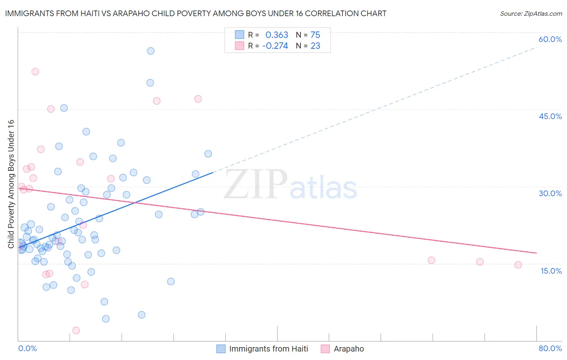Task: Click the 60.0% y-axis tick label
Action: point(550,40)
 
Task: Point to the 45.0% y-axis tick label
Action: point(550,116)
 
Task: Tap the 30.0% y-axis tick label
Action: point(550,193)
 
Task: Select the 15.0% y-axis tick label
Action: point(551,271)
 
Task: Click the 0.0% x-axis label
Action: point(27,348)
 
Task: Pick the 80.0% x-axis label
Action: point(550,348)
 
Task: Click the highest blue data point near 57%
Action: point(150,51)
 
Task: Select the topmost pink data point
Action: point(35,71)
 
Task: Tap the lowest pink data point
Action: point(76,331)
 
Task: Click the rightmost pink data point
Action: point(518,265)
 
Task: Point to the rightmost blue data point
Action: point(208,154)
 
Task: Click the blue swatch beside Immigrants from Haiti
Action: point(221,349)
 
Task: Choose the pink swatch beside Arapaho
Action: point(325,349)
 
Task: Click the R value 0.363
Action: point(277,35)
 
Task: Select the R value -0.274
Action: point(275,46)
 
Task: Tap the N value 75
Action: point(315,35)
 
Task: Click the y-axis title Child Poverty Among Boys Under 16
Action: point(11,184)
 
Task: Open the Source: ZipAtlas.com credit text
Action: point(531,13)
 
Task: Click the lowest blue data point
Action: point(106,319)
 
